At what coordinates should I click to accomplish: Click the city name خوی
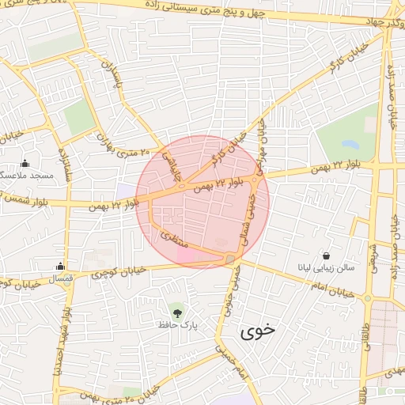(x=258, y=331)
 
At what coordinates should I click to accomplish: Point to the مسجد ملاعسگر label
(x=25, y=175)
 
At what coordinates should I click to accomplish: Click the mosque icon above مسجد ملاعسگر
(x=25, y=163)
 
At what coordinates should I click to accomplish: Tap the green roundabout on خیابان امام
(x=367, y=298)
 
